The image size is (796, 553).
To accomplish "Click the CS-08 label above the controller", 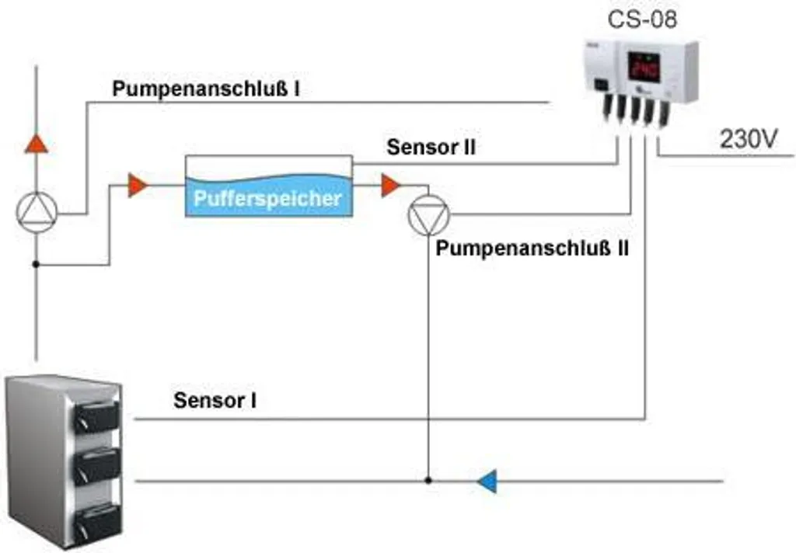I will click(x=641, y=19).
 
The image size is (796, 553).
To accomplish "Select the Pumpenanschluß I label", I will click(x=207, y=89).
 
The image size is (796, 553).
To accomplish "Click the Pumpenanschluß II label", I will click(x=532, y=249).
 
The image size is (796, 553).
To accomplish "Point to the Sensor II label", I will click(x=431, y=147).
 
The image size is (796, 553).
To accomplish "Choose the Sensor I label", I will click(x=215, y=401).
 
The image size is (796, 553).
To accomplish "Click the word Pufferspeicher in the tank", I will click(x=267, y=198).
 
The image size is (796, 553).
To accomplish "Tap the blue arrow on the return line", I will click(x=487, y=482).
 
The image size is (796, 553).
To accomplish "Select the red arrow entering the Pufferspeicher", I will click(x=138, y=186).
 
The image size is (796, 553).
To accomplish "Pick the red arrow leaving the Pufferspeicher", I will click(x=391, y=186).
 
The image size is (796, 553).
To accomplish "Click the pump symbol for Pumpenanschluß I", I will click(x=37, y=212).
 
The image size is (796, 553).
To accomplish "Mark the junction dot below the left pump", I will click(x=37, y=265).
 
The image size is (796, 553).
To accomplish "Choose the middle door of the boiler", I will click(x=98, y=466).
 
